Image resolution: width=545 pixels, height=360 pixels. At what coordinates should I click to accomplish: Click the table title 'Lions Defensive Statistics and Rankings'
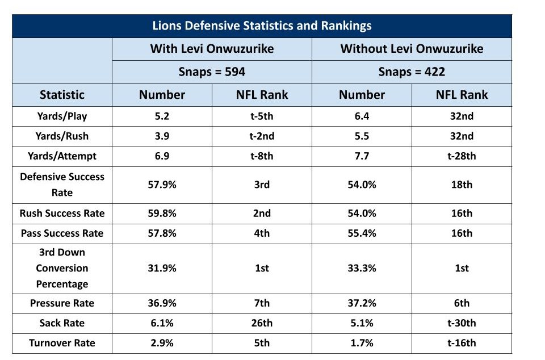click(x=262, y=26)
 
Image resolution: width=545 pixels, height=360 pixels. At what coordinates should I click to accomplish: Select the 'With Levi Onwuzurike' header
click(x=212, y=49)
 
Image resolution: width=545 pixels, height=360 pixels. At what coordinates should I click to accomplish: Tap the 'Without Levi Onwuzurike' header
click(x=412, y=49)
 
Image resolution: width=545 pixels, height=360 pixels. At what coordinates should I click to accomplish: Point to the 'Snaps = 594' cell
click(x=212, y=72)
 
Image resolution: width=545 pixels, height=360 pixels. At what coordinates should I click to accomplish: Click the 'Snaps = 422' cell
click(x=412, y=72)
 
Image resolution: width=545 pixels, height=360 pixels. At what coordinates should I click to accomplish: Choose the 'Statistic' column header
click(x=62, y=95)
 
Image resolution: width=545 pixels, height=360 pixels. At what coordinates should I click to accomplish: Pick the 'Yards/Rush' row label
click(x=62, y=136)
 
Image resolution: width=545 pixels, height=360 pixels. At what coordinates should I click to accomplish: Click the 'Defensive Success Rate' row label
click(x=62, y=185)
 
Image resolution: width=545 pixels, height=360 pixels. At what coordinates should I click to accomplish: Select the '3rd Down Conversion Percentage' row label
click(x=62, y=268)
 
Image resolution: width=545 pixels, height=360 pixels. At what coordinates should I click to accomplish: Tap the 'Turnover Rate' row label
click(x=62, y=343)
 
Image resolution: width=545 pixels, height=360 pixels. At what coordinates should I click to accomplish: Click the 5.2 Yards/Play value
click(x=162, y=116)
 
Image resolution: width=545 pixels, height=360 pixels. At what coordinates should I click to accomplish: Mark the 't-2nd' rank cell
click(x=262, y=136)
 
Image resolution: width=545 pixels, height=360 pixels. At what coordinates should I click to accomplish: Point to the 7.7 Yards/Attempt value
click(x=362, y=156)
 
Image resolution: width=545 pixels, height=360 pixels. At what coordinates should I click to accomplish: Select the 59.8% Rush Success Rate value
click(x=162, y=214)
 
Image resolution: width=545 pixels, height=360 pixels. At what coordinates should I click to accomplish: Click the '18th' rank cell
click(x=462, y=185)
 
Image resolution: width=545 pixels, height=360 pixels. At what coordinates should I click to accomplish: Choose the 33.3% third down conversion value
click(x=362, y=268)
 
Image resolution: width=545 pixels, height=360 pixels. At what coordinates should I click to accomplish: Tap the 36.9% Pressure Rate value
click(x=162, y=303)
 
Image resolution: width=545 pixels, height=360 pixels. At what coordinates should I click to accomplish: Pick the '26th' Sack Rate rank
click(x=262, y=323)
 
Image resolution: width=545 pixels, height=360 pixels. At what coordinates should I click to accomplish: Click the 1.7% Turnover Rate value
click(x=362, y=343)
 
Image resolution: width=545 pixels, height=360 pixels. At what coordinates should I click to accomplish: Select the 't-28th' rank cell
click(x=462, y=156)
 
